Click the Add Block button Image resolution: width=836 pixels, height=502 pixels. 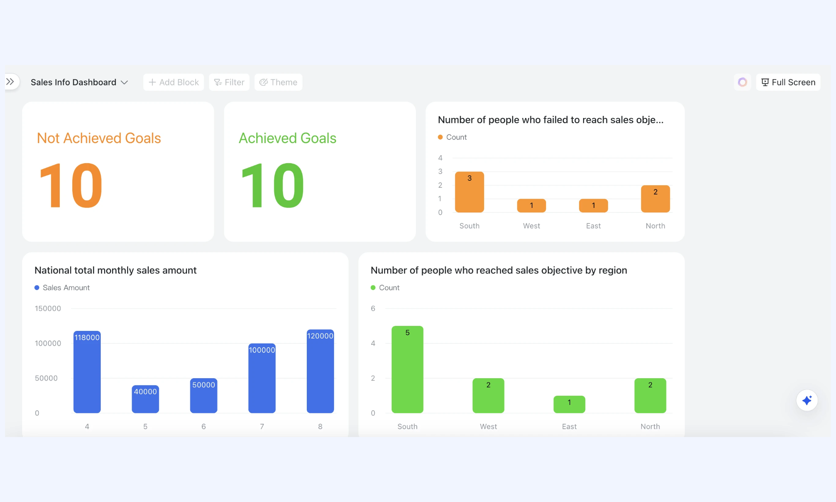(x=173, y=82)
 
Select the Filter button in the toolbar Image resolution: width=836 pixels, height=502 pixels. (x=229, y=82)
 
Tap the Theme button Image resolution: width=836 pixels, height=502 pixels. (x=278, y=82)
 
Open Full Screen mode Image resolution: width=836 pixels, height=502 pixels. (x=788, y=82)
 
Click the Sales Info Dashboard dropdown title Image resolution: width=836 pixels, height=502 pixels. (x=79, y=82)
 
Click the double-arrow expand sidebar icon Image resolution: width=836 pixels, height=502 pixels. (x=10, y=82)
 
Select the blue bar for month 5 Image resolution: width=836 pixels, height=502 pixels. (x=145, y=399)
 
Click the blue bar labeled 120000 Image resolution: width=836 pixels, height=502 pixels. (x=320, y=371)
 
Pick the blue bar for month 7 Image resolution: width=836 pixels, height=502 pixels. (x=262, y=378)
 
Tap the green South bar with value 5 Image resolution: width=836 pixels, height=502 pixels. (x=408, y=369)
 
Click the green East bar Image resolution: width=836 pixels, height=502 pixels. (x=569, y=405)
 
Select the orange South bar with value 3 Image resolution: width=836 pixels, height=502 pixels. (x=469, y=192)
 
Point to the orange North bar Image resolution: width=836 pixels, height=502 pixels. (x=655, y=199)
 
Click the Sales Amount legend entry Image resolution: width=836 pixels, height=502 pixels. (x=62, y=288)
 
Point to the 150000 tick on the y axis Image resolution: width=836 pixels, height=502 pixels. (x=48, y=309)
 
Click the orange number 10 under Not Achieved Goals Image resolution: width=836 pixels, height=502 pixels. (x=71, y=185)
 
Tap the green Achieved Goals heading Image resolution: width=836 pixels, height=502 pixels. (x=288, y=138)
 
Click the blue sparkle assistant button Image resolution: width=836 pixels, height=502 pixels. (x=807, y=400)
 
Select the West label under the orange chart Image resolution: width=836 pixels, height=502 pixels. (x=532, y=226)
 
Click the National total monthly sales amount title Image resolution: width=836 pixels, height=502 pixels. (x=115, y=270)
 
